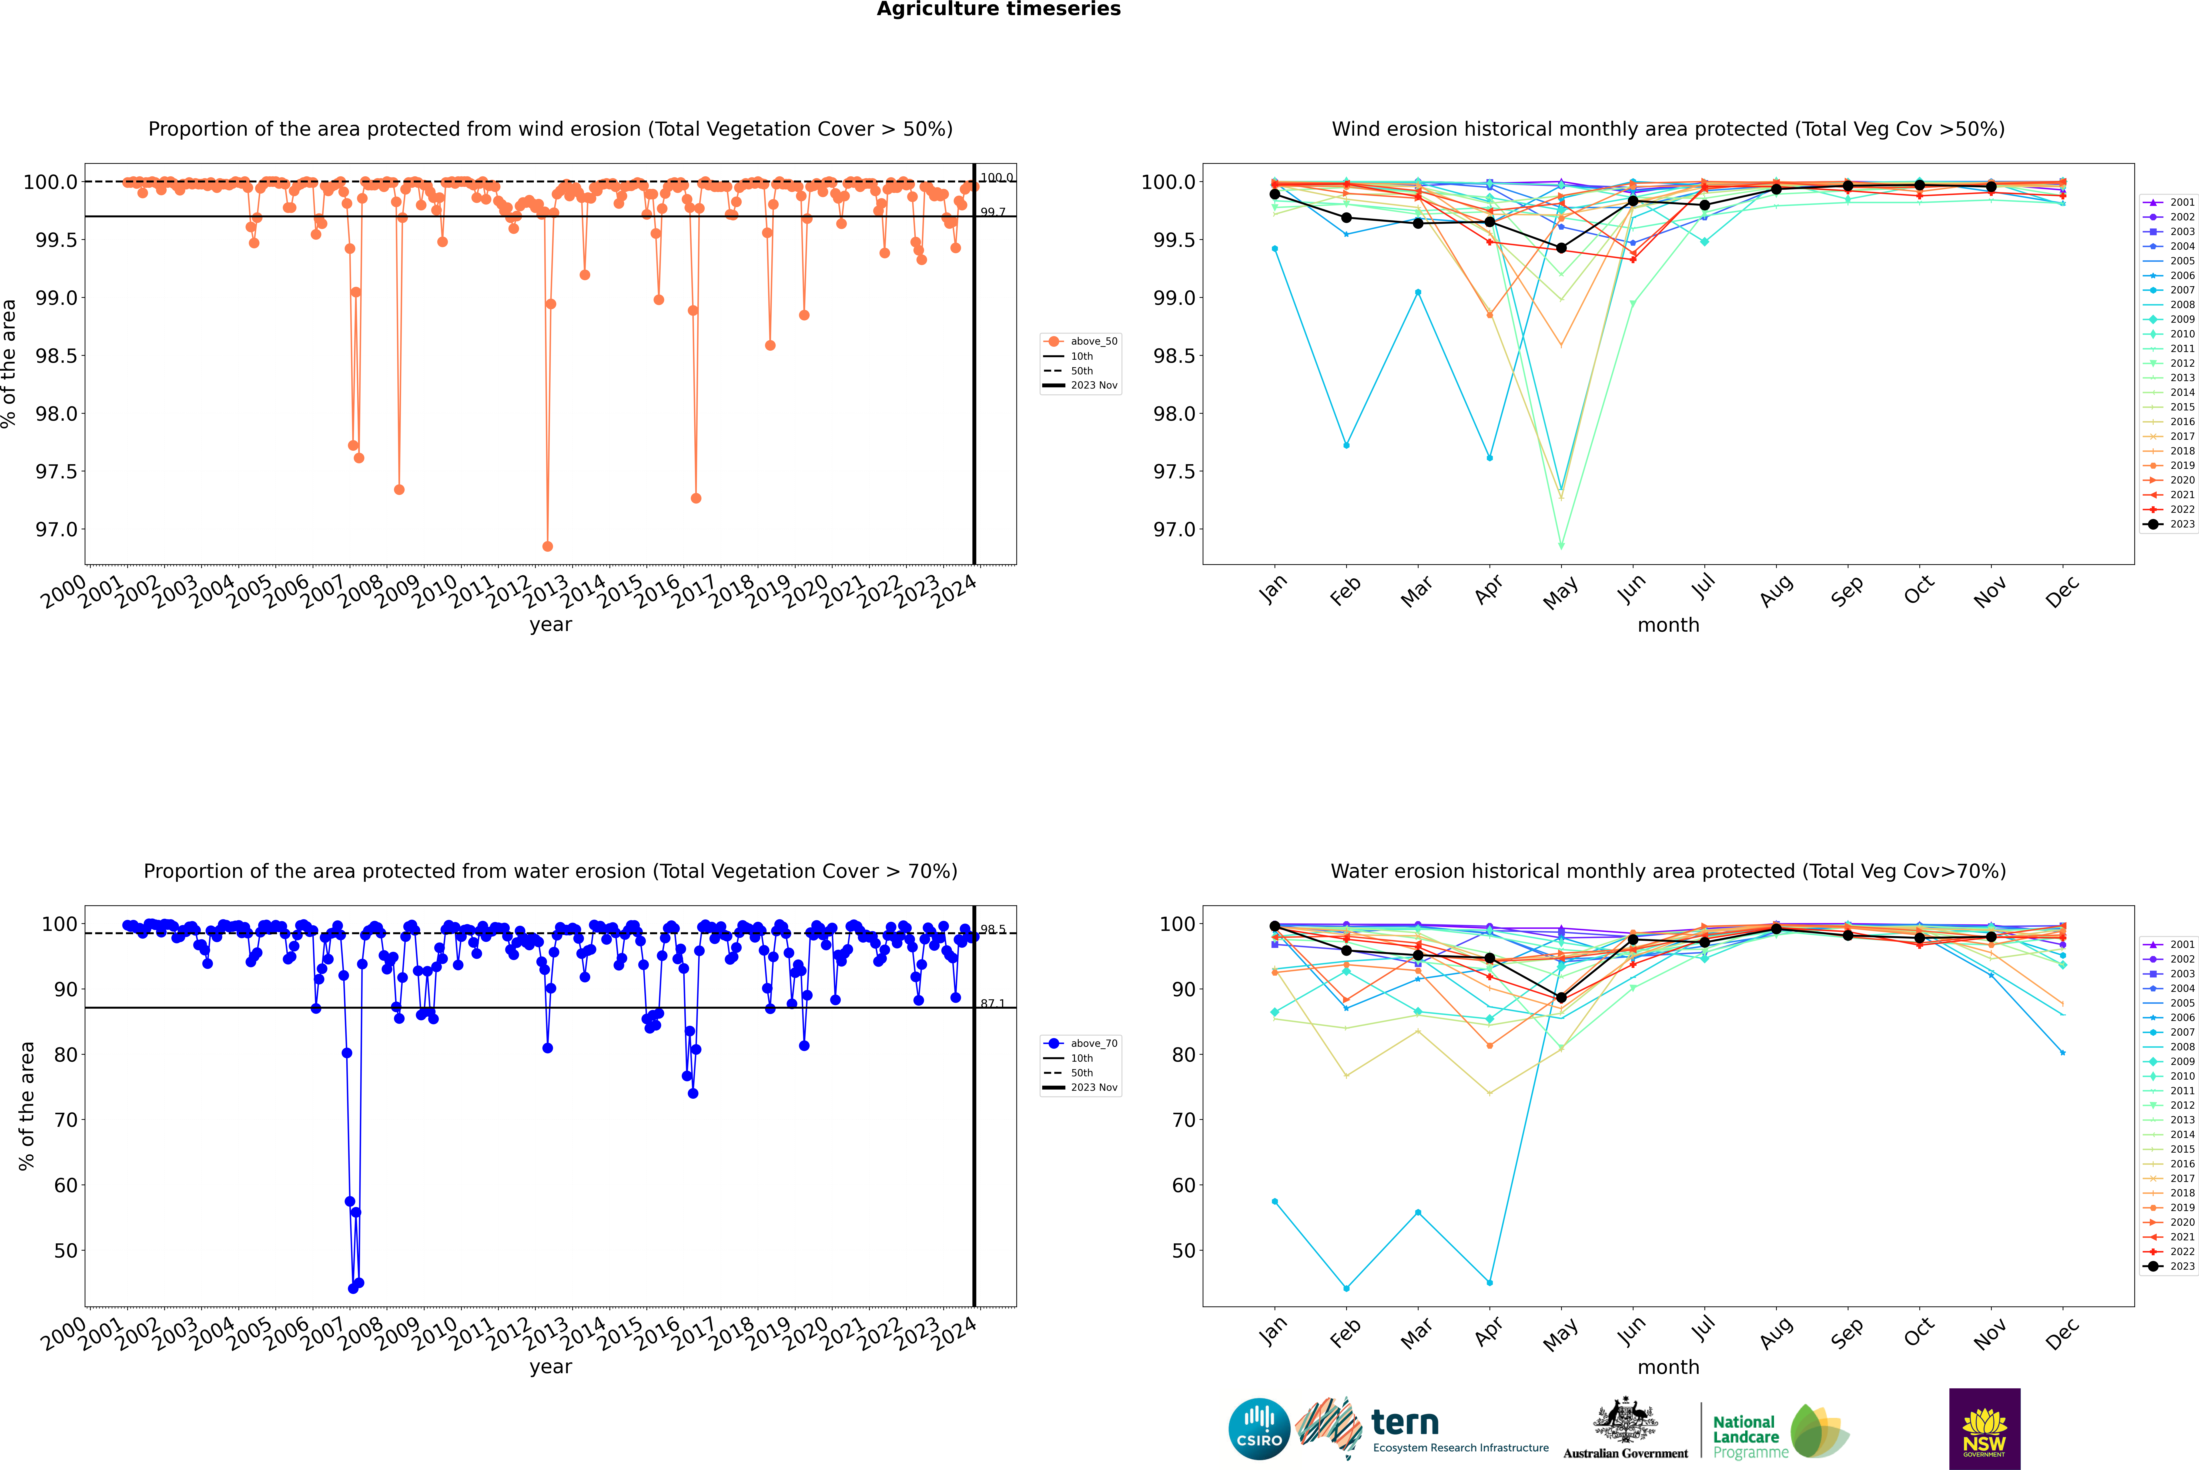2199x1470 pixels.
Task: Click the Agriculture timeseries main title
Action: coord(998,9)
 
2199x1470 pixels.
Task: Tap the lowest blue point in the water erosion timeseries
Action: coord(352,1288)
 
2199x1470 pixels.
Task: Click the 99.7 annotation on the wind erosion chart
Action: coord(993,212)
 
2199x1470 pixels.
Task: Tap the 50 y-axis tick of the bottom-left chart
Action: coord(66,1251)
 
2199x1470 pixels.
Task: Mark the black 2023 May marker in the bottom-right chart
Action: coord(1561,997)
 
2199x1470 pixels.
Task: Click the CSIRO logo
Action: coord(1259,1429)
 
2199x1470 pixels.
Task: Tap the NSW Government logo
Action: coord(1984,1429)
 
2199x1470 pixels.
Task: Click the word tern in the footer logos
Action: coord(1404,1422)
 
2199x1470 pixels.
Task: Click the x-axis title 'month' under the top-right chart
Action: coord(1667,625)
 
